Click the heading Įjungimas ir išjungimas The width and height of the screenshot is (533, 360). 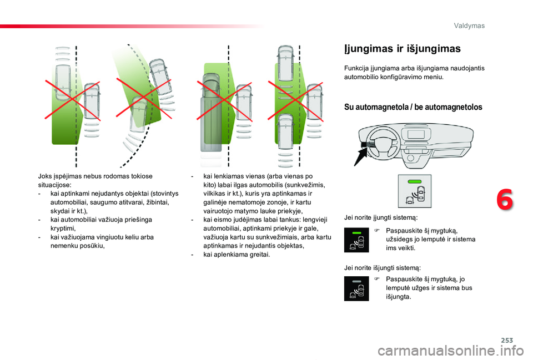pyautogui.click(x=403, y=49)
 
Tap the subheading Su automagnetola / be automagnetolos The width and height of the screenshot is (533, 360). pyautogui.click(x=413, y=107)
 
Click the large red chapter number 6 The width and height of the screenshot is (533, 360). pyautogui.click(x=505, y=200)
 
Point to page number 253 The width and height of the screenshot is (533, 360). pyautogui.click(x=507, y=340)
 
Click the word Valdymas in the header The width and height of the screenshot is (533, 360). pyautogui.click(x=469, y=26)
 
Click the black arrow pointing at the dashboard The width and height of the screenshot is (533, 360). pyautogui.click(x=360, y=155)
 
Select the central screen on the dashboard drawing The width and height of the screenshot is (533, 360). pyautogui.click(x=416, y=134)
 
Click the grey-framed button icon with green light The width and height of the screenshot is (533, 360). pyautogui.click(x=415, y=191)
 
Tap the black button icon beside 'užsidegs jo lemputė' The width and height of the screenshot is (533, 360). pyautogui.click(x=356, y=240)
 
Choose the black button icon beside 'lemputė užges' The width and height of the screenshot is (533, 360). pyautogui.click(x=356, y=288)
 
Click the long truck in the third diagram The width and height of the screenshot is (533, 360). pyautogui.click(x=211, y=113)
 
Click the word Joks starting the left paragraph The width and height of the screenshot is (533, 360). pyautogui.click(x=44, y=176)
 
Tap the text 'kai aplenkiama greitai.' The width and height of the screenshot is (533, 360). pyautogui.click(x=237, y=255)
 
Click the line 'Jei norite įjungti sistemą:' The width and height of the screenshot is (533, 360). pyautogui.click(x=381, y=217)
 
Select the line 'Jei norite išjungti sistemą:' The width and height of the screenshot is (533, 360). pyautogui.click(x=383, y=268)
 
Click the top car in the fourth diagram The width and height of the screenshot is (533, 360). pyautogui.click(x=285, y=63)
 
